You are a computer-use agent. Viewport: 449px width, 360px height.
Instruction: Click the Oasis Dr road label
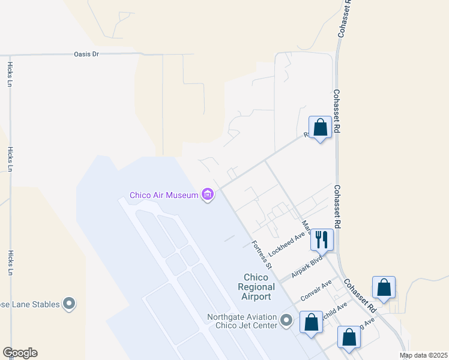point(86,54)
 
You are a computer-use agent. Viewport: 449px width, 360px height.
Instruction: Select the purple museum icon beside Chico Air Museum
point(208,194)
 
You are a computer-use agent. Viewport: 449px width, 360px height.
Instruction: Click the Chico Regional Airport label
point(257,287)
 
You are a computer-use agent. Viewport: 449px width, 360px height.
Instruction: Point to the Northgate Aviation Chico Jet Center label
point(242,322)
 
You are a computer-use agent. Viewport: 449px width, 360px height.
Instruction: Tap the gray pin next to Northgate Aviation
point(286,321)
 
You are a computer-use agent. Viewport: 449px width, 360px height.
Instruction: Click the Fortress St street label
point(261,254)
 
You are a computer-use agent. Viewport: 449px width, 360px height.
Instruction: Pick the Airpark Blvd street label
point(307,265)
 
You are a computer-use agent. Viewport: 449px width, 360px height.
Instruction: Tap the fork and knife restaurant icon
point(322,239)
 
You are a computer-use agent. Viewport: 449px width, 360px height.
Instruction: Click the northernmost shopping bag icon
point(320,127)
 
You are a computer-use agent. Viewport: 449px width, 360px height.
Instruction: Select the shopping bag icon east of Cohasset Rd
point(384,287)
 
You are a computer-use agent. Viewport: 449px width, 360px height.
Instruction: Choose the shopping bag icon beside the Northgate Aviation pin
point(311,322)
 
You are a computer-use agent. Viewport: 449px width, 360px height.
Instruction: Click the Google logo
point(20,353)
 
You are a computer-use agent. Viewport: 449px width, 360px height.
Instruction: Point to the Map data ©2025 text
point(423,355)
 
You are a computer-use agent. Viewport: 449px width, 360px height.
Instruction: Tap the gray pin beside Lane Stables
point(69,304)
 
